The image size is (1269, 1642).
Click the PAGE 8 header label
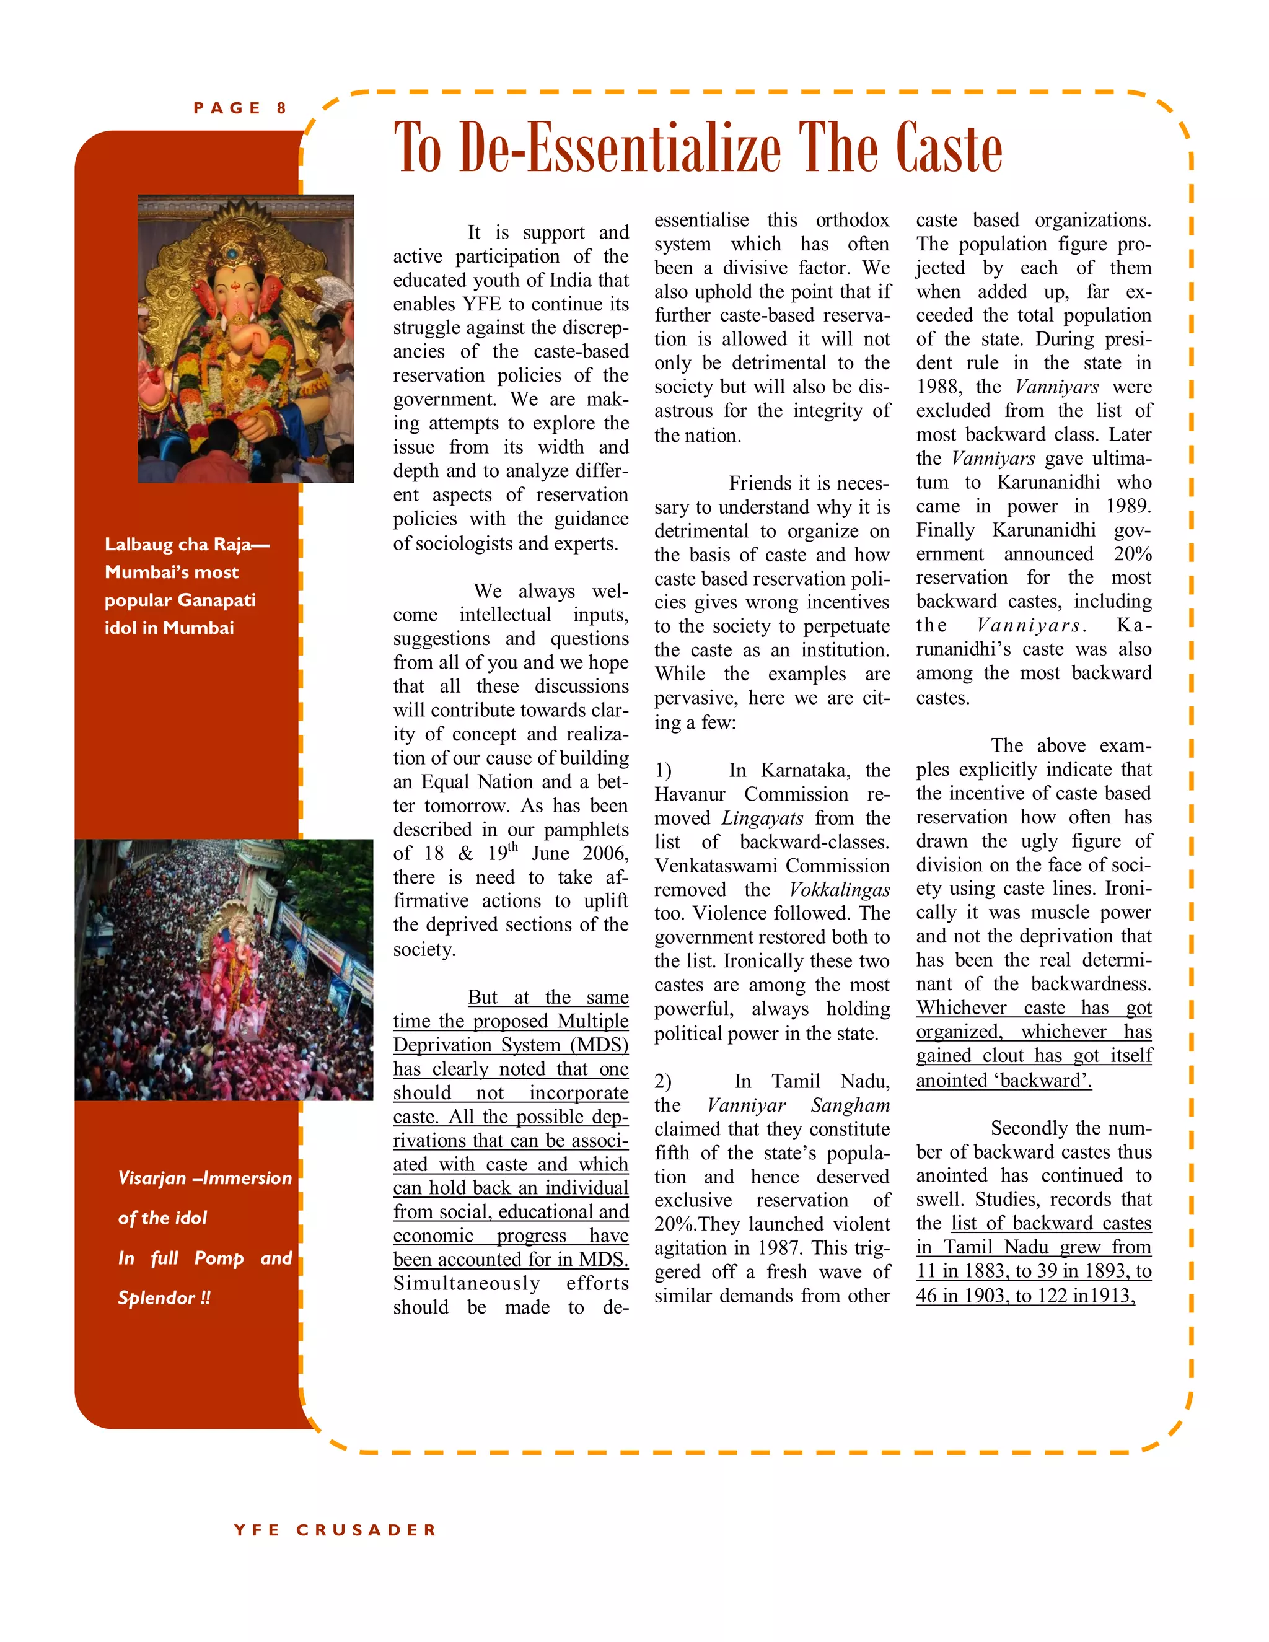point(240,108)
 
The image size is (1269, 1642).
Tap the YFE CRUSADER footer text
point(335,1530)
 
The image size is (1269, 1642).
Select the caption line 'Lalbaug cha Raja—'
point(187,544)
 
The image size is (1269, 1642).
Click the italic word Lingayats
point(762,819)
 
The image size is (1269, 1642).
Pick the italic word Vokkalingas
point(840,890)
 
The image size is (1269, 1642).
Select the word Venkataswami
point(713,866)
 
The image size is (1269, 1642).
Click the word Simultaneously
point(466,1283)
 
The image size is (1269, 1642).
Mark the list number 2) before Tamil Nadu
point(662,1082)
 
